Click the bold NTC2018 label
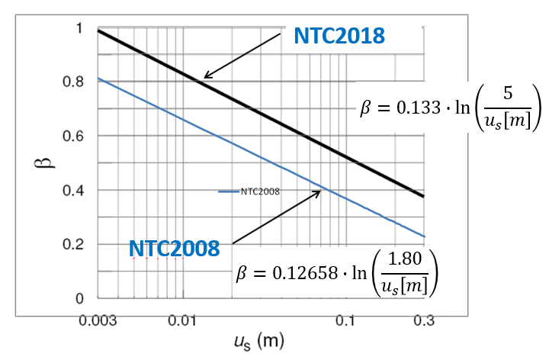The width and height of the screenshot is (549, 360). click(x=339, y=36)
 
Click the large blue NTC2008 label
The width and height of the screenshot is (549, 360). click(x=175, y=249)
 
